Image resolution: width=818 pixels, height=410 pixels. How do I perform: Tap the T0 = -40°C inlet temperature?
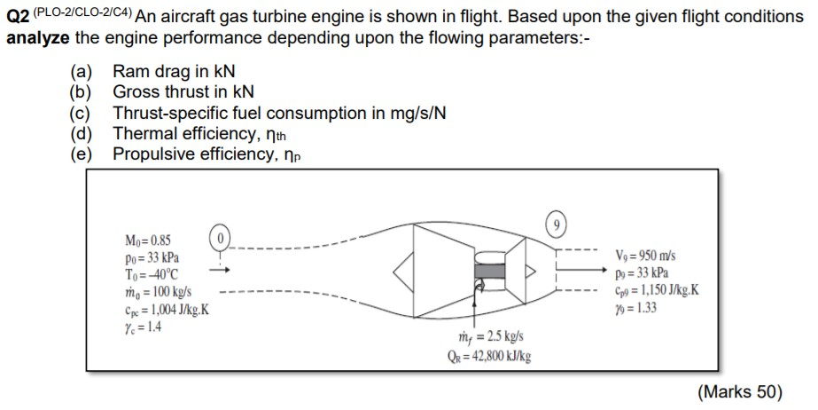pyautogui.click(x=152, y=274)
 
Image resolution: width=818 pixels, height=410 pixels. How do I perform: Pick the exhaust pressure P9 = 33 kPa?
pyautogui.click(x=639, y=272)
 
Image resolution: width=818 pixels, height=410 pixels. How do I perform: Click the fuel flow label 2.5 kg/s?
pyautogui.click(x=479, y=340)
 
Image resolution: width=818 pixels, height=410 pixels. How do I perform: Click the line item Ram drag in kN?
pyautogui.click(x=174, y=72)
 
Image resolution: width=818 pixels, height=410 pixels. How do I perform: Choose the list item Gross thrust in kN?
pyautogui.click(x=183, y=92)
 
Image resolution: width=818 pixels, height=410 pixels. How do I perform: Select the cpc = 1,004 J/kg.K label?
pyautogui.click(x=167, y=308)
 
